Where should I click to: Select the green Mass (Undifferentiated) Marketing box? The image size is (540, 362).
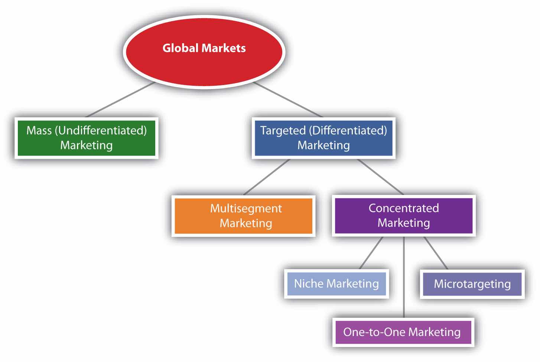86,138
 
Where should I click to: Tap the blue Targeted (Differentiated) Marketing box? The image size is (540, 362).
323,138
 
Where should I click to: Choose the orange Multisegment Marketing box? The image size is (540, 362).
243,216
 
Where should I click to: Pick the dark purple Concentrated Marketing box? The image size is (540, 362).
403,215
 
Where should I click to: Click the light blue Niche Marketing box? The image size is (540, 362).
336,284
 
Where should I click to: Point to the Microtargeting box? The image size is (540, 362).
472,284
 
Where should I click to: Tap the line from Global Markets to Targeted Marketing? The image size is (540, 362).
288,100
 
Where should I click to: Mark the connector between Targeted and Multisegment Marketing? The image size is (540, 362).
266,177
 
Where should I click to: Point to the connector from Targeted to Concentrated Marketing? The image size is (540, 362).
380,177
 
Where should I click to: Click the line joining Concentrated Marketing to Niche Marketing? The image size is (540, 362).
371,253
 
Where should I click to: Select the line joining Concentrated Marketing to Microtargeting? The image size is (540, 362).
436,253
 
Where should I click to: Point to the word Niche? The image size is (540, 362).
309,284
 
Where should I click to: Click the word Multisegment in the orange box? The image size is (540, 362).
246,208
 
